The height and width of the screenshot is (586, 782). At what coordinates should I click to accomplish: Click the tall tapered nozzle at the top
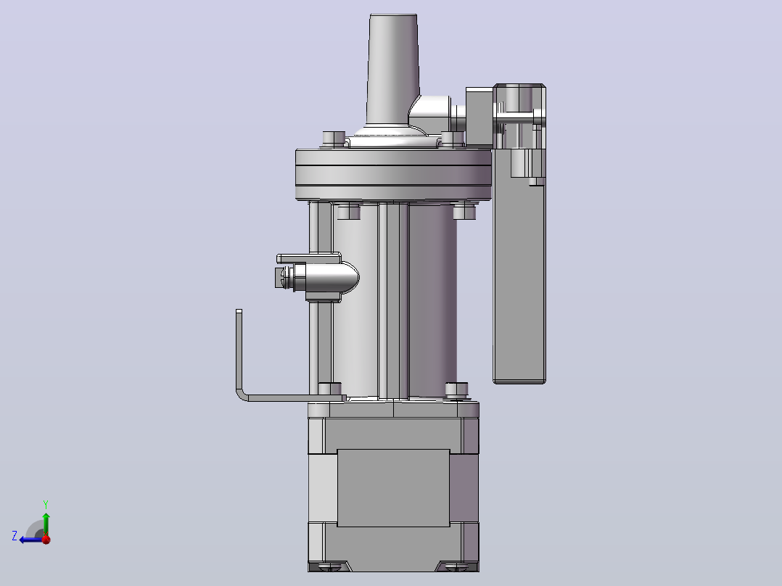(x=393, y=70)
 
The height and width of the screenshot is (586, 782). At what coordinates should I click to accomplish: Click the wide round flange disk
(x=393, y=175)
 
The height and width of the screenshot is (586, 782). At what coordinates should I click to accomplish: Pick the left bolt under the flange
(x=349, y=212)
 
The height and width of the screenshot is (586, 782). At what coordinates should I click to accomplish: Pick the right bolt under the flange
(x=464, y=211)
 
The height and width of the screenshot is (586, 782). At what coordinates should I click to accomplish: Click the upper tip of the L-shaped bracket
(x=239, y=312)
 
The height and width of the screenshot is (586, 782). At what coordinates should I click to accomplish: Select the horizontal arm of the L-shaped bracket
(x=296, y=397)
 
